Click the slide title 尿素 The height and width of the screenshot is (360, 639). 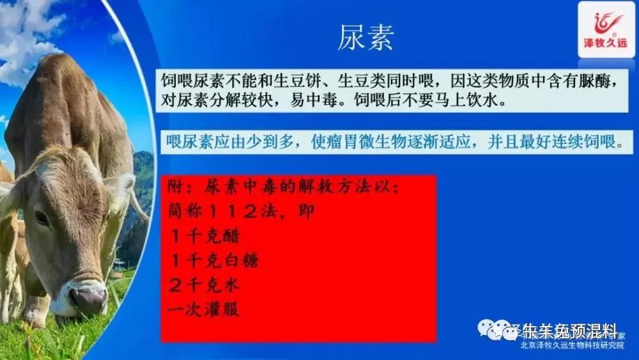pyautogui.click(x=365, y=38)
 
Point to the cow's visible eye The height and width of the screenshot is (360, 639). pyautogui.click(x=42, y=217)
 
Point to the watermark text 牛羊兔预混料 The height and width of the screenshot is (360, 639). pyautogui.click(x=569, y=331)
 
